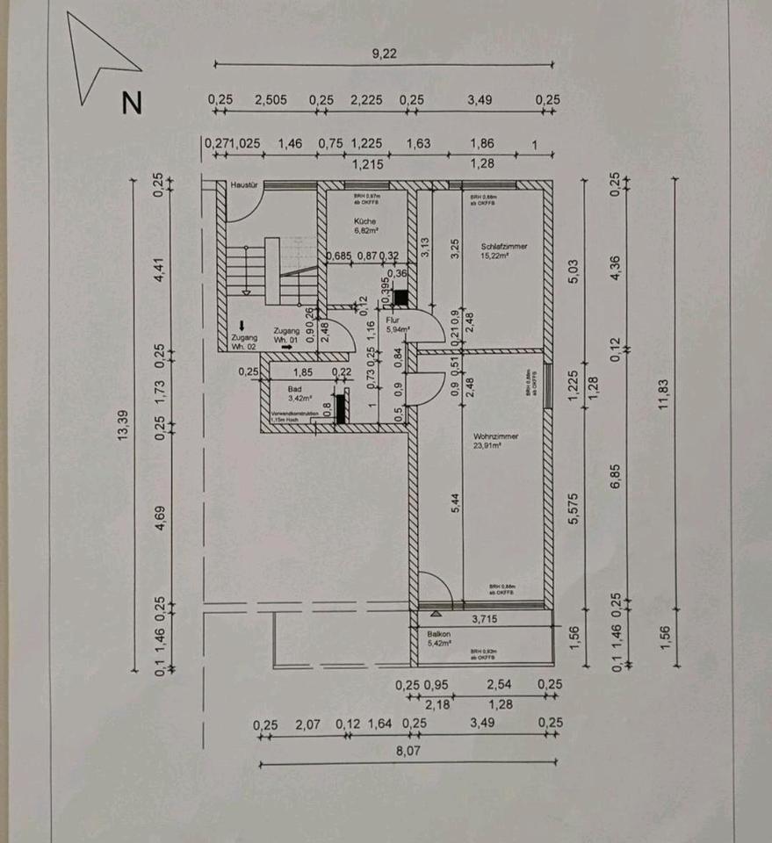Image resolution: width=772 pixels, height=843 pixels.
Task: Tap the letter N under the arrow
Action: [x=132, y=104]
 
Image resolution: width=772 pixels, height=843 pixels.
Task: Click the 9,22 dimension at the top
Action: [x=385, y=54]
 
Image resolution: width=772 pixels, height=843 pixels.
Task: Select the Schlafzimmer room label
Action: [x=504, y=247]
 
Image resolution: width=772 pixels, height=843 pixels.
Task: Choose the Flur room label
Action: [x=393, y=321]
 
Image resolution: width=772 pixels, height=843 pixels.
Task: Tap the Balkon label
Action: [x=439, y=633]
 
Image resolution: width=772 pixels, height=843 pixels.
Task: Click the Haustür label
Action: [x=242, y=186]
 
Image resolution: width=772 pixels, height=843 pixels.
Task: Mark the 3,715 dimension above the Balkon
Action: [x=485, y=620]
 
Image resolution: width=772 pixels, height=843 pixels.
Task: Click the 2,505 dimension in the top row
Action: [x=271, y=100]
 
